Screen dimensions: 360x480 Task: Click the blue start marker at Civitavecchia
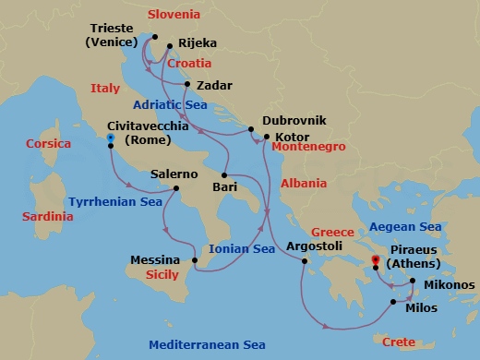point(111,138)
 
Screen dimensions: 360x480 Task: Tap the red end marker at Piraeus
point(375,259)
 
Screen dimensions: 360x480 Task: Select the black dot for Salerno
point(176,189)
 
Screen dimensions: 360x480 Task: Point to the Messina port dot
point(195,263)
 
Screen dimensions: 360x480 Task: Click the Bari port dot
point(225,174)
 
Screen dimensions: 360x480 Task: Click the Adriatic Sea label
point(169,104)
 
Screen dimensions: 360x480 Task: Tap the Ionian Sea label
point(243,248)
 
